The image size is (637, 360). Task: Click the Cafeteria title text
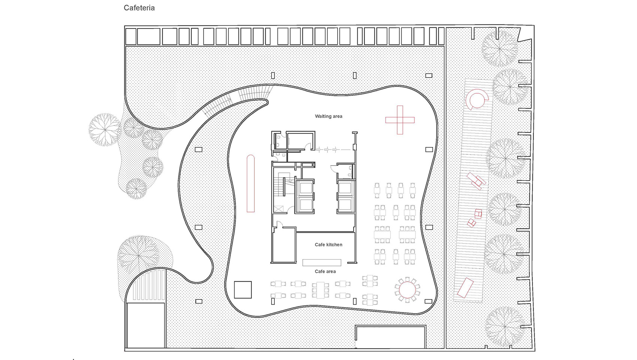[139, 8]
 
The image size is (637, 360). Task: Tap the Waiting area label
[328, 116]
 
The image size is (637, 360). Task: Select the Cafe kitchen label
[328, 245]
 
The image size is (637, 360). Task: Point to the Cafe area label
[325, 271]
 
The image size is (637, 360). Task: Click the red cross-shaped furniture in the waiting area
[400, 120]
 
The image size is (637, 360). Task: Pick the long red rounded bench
[250, 184]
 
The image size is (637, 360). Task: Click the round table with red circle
[407, 289]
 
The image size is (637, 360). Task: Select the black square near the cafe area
[242, 290]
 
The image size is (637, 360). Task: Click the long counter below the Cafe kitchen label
[321, 262]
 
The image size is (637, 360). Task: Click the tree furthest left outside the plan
[105, 129]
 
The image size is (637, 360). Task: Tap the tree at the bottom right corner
[504, 326]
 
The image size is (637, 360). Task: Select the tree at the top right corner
[500, 48]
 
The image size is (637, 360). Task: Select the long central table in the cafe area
[320, 290]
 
